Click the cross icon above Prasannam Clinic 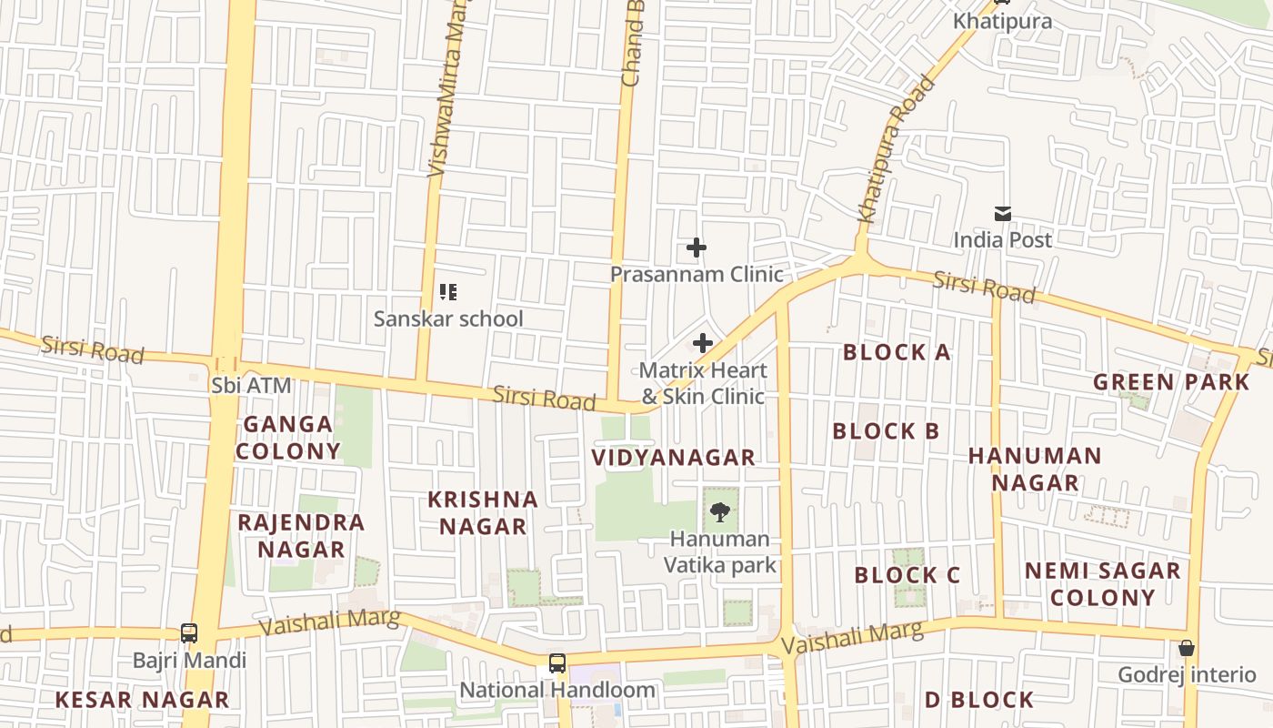(x=697, y=248)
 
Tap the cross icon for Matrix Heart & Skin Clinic (x=702, y=343)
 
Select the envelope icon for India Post (x=1002, y=214)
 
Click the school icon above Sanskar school (x=447, y=292)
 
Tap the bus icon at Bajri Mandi (x=189, y=632)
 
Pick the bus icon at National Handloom (x=557, y=663)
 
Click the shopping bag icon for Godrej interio (x=1186, y=648)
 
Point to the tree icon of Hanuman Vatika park (x=719, y=511)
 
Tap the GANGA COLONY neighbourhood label (x=288, y=438)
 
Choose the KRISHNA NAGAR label (x=483, y=512)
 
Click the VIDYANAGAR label (x=673, y=458)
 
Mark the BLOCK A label (x=897, y=352)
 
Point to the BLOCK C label (x=907, y=575)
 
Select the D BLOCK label (x=979, y=700)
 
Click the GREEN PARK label (x=1171, y=381)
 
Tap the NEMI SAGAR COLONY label (x=1103, y=584)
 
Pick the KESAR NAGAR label (x=142, y=700)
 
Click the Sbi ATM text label (x=251, y=385)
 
